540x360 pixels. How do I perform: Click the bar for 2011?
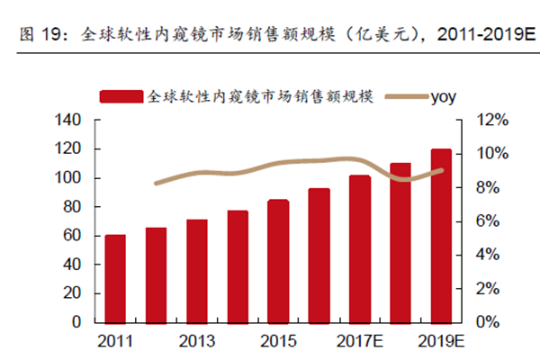(115, 278)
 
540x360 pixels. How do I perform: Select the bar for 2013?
(196, 270)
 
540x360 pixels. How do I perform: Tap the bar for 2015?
(278, 260)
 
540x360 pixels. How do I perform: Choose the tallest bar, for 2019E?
(441, 235)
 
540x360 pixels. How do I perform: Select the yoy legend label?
(444, 94)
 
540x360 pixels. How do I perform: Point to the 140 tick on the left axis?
(68, 121)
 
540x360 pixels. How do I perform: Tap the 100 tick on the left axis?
(68, 178)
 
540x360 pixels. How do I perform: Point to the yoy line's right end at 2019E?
(441, 169)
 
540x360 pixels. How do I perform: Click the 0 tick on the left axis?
(77, 321)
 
